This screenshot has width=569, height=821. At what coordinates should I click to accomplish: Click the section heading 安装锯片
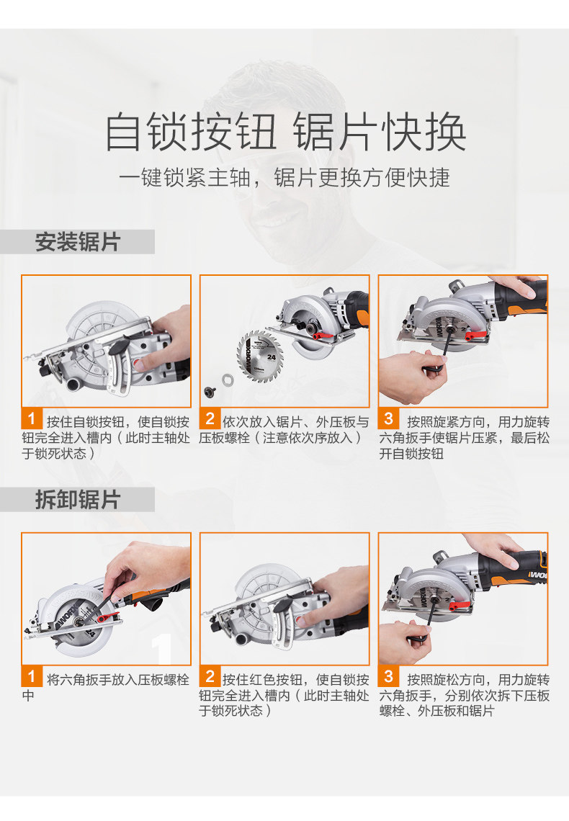[x=78, y=242]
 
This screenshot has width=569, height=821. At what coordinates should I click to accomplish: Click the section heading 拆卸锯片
[x=78, y=500]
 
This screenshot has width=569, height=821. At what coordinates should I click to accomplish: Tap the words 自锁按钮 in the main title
[x=191, y=131]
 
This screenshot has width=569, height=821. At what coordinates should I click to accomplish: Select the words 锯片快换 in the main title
[x=380, y=131]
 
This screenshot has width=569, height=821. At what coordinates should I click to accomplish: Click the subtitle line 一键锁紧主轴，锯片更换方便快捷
[x=284, y=177]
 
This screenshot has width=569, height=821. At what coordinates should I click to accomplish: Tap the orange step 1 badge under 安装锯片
[x=32, y=418]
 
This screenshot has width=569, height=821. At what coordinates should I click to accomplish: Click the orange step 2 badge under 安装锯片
[x=210, y=418]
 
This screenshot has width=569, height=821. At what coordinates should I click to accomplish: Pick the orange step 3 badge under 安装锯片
[x=388, y=418]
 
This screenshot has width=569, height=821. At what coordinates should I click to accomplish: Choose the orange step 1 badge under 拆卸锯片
[x=32, y=676]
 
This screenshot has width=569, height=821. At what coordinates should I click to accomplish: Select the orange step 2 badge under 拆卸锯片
[x=210, y=676]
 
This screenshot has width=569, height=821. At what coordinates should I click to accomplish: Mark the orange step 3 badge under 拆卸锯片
[x=388, y=676]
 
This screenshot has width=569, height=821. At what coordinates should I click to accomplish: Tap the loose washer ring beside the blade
[x=228, y=380]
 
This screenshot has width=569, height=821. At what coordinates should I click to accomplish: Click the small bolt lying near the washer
[x=210, y=391]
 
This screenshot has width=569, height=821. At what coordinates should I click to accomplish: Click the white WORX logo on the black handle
[x=537, y=575]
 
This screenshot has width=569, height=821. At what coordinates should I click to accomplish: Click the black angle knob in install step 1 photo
[x=120, y=346]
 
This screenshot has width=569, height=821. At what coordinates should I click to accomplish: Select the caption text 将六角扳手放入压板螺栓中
[x=105, y=688]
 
